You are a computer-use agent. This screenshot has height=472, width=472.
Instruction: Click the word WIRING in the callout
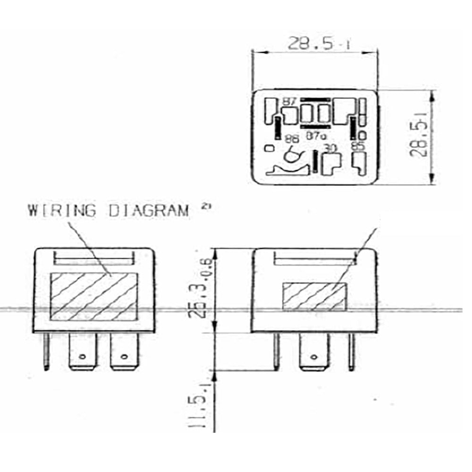coord(61,211)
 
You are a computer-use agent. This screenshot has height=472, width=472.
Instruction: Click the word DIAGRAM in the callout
coord(149,211)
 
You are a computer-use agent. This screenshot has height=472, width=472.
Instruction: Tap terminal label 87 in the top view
coord(289,101)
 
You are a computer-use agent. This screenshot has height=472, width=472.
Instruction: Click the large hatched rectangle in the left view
coord(93,296)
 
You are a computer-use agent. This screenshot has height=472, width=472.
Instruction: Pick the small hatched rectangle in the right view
coord(314,296)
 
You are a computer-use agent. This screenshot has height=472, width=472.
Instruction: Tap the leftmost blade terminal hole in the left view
coord(83,356)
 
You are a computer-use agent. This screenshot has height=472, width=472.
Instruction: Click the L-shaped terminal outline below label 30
coord(330,163)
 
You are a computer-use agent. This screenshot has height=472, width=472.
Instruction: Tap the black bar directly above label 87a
coord(316,127)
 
